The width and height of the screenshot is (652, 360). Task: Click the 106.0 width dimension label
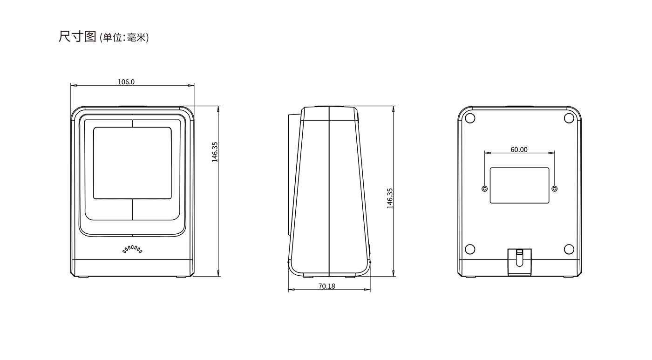pyautogui.click(x=126, y=82)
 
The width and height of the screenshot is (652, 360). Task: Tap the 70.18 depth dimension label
pyautogui.click(x=326, y=286)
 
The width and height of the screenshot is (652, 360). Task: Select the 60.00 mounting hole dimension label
pyautogui.click(x=519, y=149)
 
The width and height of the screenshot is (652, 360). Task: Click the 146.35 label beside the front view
pyautogui.click(x=215, y=152)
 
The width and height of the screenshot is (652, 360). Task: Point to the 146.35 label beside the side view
pyautogui.click(x=390, y=198)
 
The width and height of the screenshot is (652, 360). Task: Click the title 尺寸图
pyautogui.click(x=77, y=37)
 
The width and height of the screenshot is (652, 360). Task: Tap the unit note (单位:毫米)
pyautogui.click(x=124, y=38)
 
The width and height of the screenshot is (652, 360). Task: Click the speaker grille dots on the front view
pyautogui.click(x=132, y=250)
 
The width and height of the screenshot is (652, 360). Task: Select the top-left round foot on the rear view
pyautogui.click(x=470, y=118)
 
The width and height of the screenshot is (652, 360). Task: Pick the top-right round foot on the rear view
pyautogui.click(x=569, y=118)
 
